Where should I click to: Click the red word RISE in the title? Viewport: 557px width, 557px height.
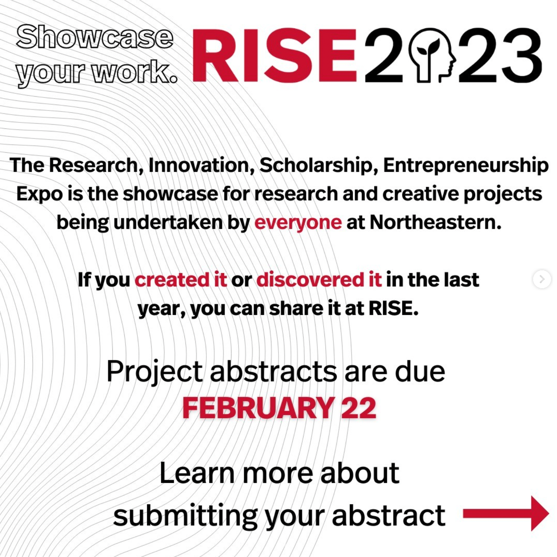click(274, 55)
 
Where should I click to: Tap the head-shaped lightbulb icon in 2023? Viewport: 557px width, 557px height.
click(432, 55)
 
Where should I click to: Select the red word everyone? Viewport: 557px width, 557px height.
click(298, 223)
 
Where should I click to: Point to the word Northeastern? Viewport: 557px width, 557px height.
click(435, 222)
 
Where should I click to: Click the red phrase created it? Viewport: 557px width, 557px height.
click(181, 280)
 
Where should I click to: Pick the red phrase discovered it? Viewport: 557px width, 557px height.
click(319, 280)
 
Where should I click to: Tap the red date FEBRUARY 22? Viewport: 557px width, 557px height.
click(279, 408)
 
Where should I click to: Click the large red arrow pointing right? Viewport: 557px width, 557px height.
click(506, 514)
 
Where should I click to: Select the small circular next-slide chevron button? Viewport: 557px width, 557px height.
click(542, 279)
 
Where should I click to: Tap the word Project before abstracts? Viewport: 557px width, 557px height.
click(155, 372)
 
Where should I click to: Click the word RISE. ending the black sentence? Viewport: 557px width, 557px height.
click(393, 308)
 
